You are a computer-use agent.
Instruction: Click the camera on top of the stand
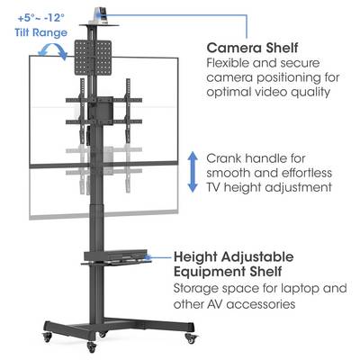99,14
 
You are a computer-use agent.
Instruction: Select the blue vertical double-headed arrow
193,172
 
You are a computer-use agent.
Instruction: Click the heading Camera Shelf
252,48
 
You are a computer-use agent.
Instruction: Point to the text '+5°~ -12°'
41,18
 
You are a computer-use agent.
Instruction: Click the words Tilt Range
41,32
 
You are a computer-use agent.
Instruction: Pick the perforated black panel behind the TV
93,58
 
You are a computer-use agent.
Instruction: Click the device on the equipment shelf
115,256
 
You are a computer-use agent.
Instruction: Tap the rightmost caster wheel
190,337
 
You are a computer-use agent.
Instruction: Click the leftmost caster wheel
48,336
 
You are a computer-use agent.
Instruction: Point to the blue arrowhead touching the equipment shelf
148,256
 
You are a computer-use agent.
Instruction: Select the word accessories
261,304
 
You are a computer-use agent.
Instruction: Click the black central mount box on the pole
100,111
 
